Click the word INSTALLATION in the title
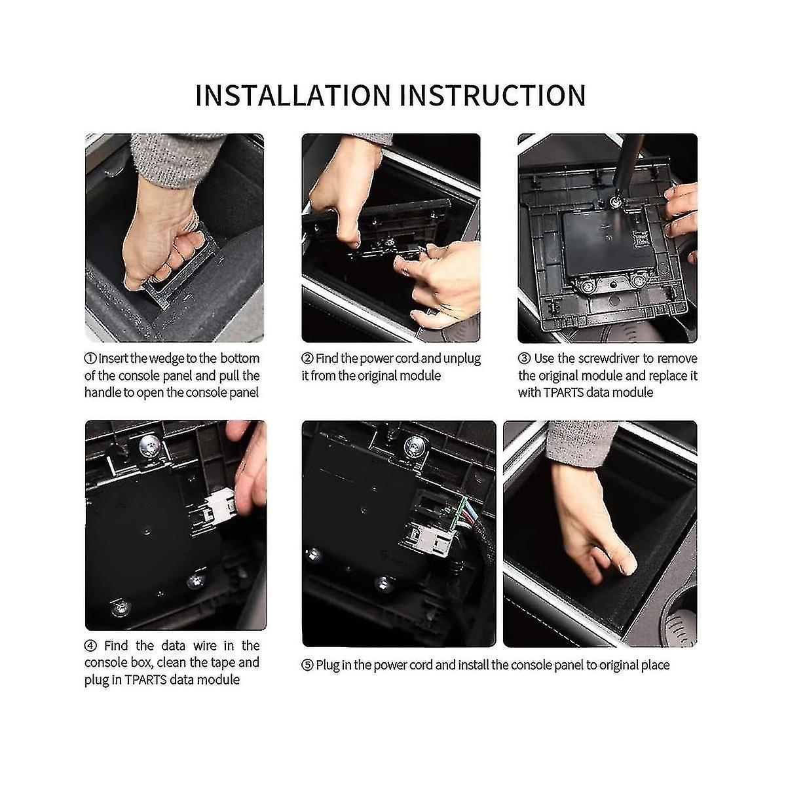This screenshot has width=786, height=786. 293,96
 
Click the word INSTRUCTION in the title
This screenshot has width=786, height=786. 493,96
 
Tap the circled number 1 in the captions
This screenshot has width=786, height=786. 90,359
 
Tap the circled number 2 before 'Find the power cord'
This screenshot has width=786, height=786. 307,359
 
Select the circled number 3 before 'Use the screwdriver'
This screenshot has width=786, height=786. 523,359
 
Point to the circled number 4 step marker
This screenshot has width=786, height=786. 90,646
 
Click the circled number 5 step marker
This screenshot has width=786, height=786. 307,665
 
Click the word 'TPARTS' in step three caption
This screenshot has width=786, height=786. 565,392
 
